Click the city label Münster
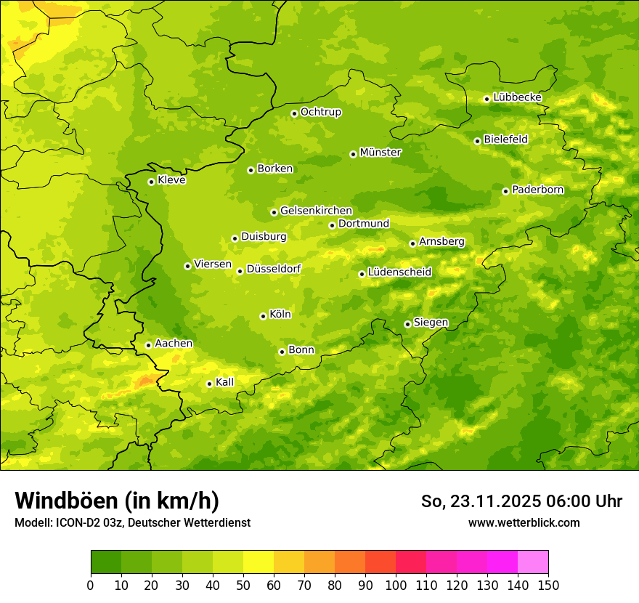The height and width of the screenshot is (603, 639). coord(380,153)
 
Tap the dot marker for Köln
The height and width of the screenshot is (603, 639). coord(263,316)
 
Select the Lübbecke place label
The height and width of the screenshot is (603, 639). coord(517,97)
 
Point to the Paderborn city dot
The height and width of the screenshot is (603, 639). coord(505,191)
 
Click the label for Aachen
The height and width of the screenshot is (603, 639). coord(174,344)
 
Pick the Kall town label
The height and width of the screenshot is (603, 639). coord(225,382)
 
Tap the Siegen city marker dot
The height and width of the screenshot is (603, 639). coord(407,324)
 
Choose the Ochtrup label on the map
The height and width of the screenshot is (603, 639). coord(321,112)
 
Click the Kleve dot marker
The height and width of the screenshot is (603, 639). coord(151,182)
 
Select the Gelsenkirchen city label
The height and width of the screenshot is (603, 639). coord(316,211)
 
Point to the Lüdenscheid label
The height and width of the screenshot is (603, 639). coord(399,272)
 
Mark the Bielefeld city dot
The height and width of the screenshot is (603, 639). coord(477,141)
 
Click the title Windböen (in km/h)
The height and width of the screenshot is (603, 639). coord(117,501)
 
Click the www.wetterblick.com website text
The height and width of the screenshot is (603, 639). coord(524,523)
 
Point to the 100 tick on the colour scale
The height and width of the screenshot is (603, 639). coord(396,586)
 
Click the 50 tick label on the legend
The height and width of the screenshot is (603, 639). coord(243,586)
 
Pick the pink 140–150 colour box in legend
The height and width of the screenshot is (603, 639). coord(533,562)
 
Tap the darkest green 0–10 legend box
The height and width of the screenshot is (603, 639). coord(106,562)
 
